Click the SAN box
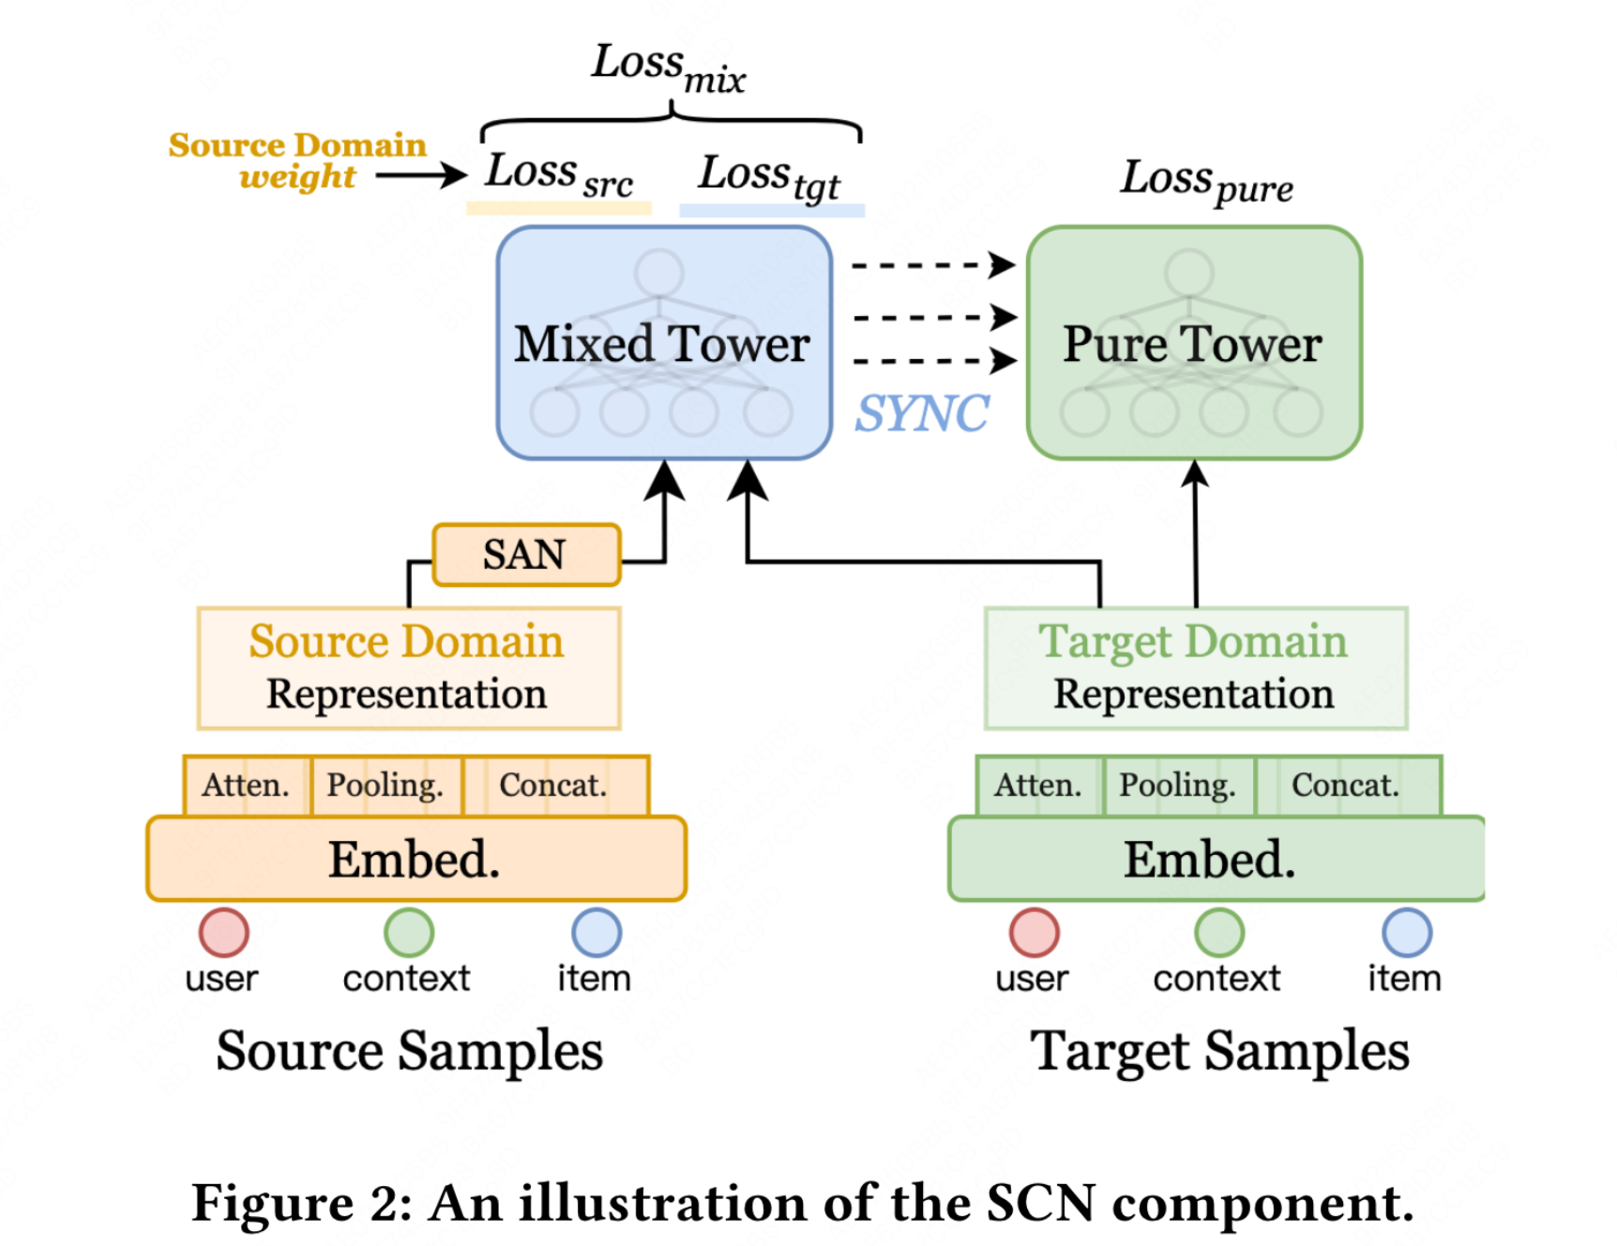pos(526,555)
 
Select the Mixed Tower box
pos(663,343)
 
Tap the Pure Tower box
pos(1193,343)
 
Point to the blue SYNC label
pos(922,413)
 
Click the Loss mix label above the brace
pos(668,67)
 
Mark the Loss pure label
pos(1206,180)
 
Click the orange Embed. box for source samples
pos(416,859)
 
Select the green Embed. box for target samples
pos(1216,859)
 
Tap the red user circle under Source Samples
pos(223,932)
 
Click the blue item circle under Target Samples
pos(1406,932)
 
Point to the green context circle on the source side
pos(409,932)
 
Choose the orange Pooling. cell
pos(385,785)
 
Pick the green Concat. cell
pos(1346,785)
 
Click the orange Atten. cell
pos(247,785)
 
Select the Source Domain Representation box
pos(408,668)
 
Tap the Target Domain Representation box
pos(1195,668)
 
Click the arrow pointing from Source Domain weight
pos(421,174)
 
